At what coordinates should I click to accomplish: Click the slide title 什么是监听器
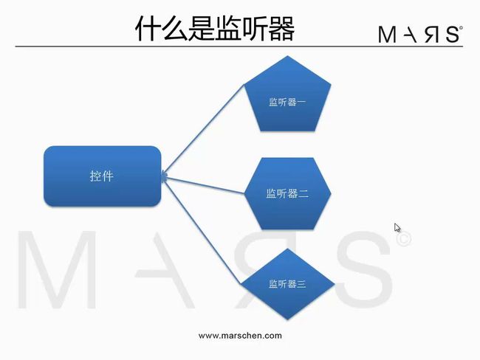(x=215, y=29)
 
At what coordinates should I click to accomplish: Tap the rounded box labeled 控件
(x=102, y=176)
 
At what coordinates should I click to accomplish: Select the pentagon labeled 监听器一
(x=287, y=94)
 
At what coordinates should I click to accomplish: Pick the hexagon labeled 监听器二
(x=287, y=193)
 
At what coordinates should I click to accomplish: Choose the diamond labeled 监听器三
(x=287, y=284)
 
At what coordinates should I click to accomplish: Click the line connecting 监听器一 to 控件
(x=203, y=130)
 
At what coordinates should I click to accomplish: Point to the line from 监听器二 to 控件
(x=203, y=184)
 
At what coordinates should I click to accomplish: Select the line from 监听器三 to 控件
(x=202, y=229)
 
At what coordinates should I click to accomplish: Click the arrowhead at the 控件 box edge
(x=165, y=176)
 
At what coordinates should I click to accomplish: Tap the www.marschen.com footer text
(x=240, y=336)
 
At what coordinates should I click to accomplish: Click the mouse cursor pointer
(x=397, y=228)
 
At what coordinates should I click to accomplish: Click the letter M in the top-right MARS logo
(x=387, y=34)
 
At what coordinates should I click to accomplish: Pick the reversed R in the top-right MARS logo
(x=432, y=34)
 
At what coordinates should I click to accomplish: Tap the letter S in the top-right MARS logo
(x=452, y=34)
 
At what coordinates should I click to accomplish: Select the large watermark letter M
(x=57, y=269)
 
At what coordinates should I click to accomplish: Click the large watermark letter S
(x=364, y=269)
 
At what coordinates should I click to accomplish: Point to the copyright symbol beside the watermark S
(x=404, y=239)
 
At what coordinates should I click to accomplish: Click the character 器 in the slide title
(x=281, y=29)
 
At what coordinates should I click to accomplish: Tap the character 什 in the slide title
(x=148, y=29)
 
